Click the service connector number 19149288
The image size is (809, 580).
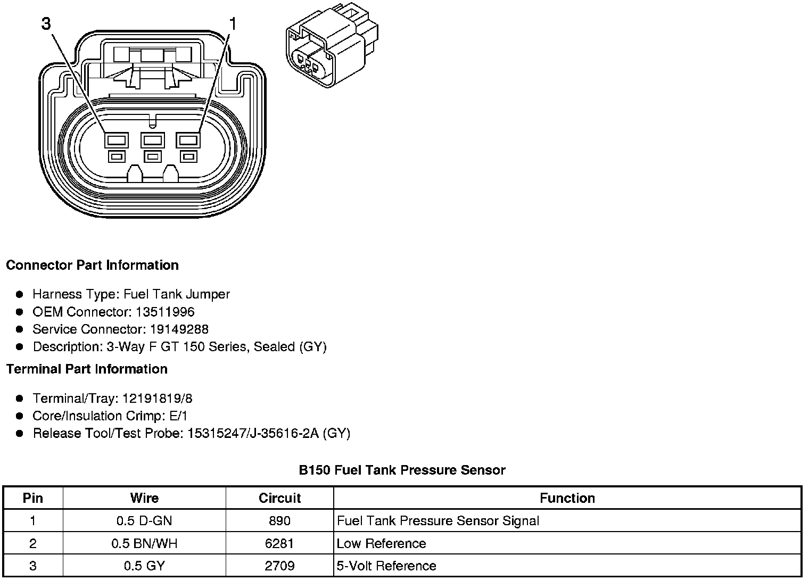point(177,329)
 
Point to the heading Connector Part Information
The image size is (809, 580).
point(92,265)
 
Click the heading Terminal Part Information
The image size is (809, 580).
point(87,369)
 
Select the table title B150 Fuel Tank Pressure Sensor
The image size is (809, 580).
point(402,470)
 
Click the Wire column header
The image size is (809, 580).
point(144,498)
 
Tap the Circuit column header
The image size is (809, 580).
point(279,498)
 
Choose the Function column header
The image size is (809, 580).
point(567,498)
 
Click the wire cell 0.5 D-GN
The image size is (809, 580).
point(144,521)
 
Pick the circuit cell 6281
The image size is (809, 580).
point(279,543)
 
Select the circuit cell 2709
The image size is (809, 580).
point(279,566)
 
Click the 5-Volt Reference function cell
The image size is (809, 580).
point(386,566)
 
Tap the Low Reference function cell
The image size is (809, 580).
point(381,543)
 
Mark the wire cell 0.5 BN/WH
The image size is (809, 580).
point(144,543)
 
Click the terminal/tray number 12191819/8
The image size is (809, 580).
point(158,399)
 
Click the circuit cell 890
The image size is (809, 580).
point(279,521)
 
